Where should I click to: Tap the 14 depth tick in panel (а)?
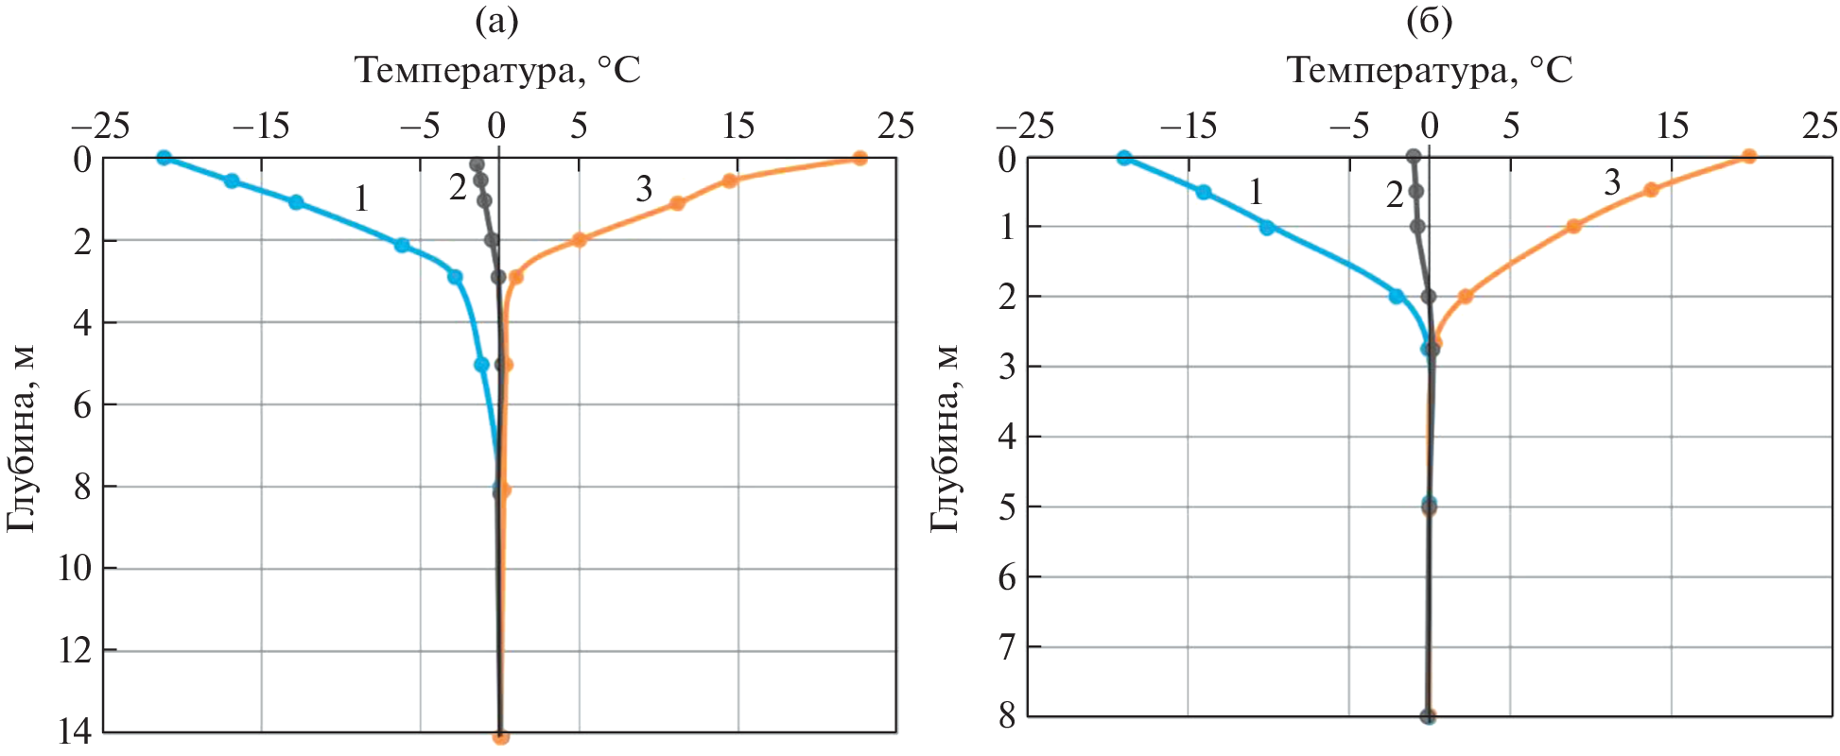(75, 732)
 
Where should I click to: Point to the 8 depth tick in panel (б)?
(1007, 716)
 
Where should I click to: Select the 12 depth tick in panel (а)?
(75, 651)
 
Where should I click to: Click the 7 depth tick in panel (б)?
(1007, 647)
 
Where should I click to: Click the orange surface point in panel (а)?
(859, 158)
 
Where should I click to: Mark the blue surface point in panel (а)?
(164, 158)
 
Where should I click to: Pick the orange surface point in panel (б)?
(1749, 156)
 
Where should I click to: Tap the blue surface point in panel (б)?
(1124, 158)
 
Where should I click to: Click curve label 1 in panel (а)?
(360, 198)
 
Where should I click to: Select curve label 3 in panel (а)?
(644, 190)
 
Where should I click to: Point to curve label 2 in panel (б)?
(1395, 197)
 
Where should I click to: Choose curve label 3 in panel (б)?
(1612, 182)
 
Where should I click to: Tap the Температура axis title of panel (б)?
(1429, 70)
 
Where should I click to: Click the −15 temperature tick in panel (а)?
(261, 126)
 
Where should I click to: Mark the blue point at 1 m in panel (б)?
(1267, 228)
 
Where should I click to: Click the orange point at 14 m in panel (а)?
(501, 737)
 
